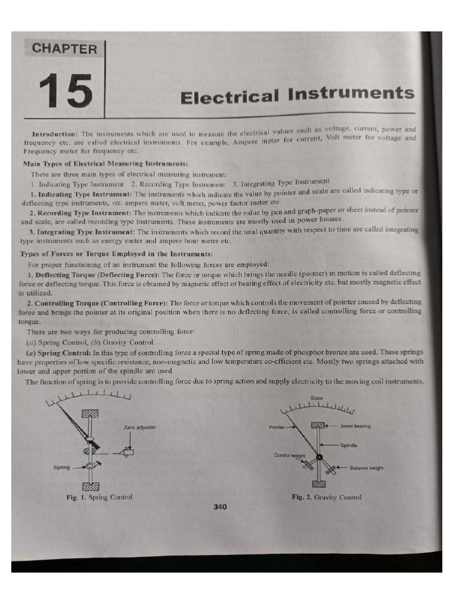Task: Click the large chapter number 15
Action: (x=66, y=92)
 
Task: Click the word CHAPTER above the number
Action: (x=64, y=50)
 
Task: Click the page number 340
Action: (x=220, y=506)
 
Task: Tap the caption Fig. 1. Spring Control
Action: (x=99, y=497)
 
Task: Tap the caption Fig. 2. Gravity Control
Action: (x=326, y=497)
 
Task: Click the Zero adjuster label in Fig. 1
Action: (x=140, y=426)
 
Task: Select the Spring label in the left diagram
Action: (x=62, y=467)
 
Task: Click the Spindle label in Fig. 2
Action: (x=349, y=445)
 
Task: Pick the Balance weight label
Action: (x=366, y=468)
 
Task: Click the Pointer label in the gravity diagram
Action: (x=276, y=426)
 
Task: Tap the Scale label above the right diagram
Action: (x=316, y=397)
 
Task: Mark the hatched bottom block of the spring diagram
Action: (x=90, y=485)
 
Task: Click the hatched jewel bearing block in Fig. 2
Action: (x=319, y=425)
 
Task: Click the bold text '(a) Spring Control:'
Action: (x=55, y=352)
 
